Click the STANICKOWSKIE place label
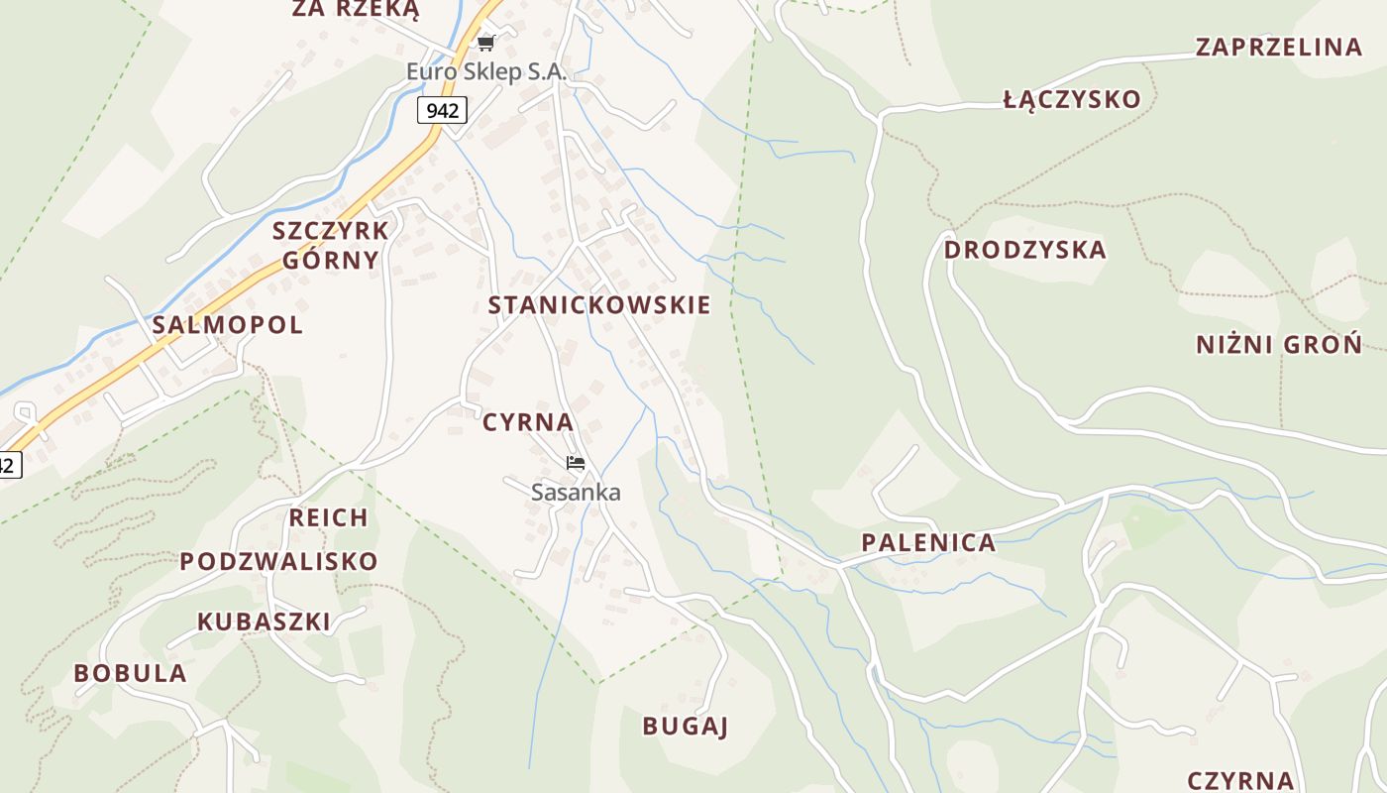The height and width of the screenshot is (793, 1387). pyautogui.click(x=599, y=305)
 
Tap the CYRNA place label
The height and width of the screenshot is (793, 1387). pyautogui.click(x=528, y=422)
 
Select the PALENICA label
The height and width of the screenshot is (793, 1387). pyautogui.click(x=928, y=542)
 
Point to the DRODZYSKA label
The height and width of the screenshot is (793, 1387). pyautogui.click(x=1024, y=250)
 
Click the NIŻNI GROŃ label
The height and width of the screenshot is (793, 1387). pyautogui.click(x=1279, y=345)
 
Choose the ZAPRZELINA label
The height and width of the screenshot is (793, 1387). pyautogui.click(x=1279, y=47)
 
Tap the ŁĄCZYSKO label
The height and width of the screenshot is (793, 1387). pyautogui.click(x=1072, y=99)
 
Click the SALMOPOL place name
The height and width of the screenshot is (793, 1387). pyautogui.click(x=228, y=325)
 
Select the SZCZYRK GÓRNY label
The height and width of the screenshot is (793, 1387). pyautogui.click(x=331, y=245)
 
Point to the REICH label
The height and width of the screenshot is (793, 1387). pyautogui.click(x=328, y=517)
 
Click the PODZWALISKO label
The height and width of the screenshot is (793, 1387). pyautogui.click(x=278, y=561)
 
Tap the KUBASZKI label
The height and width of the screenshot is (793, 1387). pyautogui.click(x=264, y=622)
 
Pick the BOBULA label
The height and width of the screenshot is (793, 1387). pyautogui.click(x=130, y=673)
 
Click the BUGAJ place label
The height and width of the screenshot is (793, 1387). pyautogui.click(x=686, y=726)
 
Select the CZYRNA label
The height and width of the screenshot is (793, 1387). pyautogui.click(x=1240, y=781)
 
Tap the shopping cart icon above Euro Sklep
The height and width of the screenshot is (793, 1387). pyautogui.click(x=485, y=43)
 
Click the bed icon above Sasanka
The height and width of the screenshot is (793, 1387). pyautogui.click(x=576, y=463)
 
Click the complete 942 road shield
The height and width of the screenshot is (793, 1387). pyautogui.click(x=442, y=110)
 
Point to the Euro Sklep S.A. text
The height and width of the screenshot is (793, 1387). pyautogui.click(x=486, y=71)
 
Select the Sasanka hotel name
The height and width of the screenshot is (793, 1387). pyautogui.click(x=576, y=492)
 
